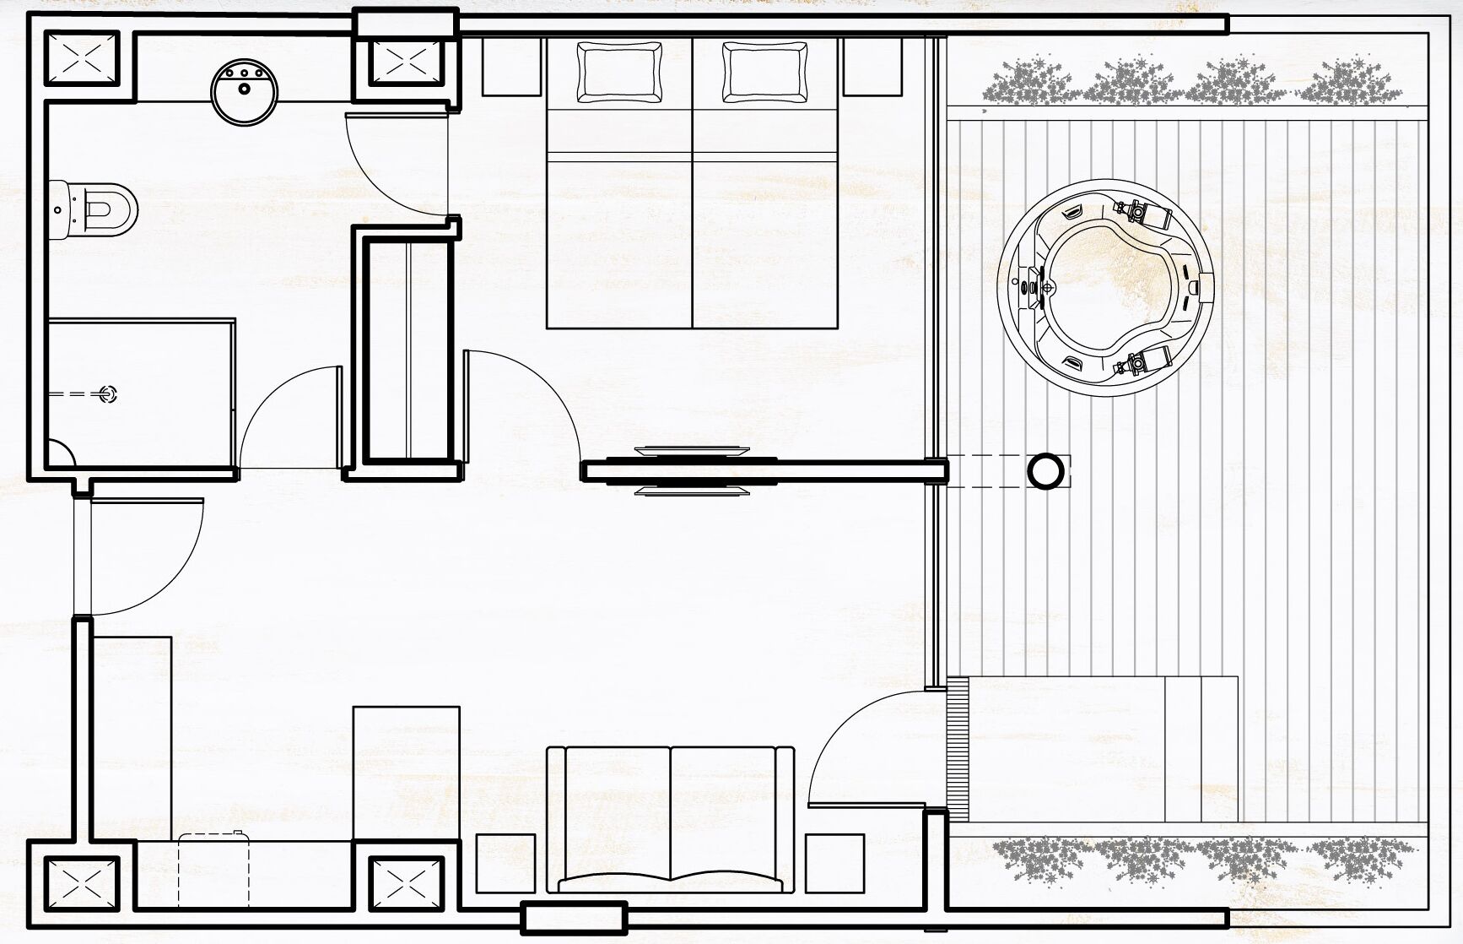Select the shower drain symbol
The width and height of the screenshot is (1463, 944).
107,393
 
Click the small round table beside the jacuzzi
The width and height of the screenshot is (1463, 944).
1046,470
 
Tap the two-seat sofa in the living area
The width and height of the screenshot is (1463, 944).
671,817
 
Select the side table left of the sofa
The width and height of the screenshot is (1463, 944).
506,863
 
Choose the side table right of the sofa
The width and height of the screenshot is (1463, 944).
834,863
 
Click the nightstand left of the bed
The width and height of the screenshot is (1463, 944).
510,67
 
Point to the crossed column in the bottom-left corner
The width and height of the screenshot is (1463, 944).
81,886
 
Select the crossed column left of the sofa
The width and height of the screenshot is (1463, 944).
407,886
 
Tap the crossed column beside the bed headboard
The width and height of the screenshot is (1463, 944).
408,59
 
